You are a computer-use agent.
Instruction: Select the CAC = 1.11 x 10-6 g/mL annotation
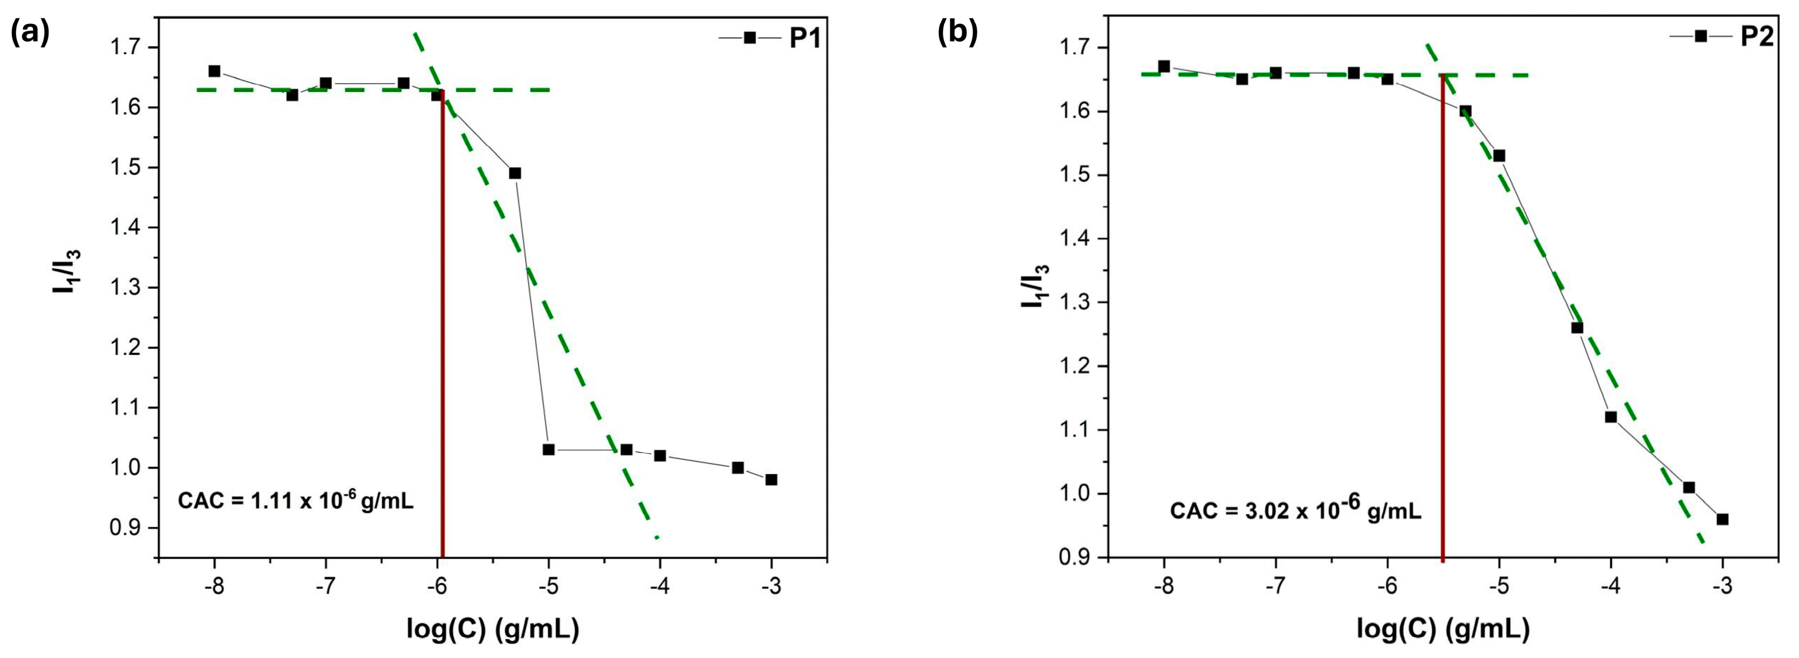click(295, 501)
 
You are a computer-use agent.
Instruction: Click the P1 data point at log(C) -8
click(214, 71)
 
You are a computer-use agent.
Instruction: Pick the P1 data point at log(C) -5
click(548, 449)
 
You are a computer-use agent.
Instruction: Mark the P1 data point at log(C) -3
click(771, 479)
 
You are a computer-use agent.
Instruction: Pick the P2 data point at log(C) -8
click(1164, 66)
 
